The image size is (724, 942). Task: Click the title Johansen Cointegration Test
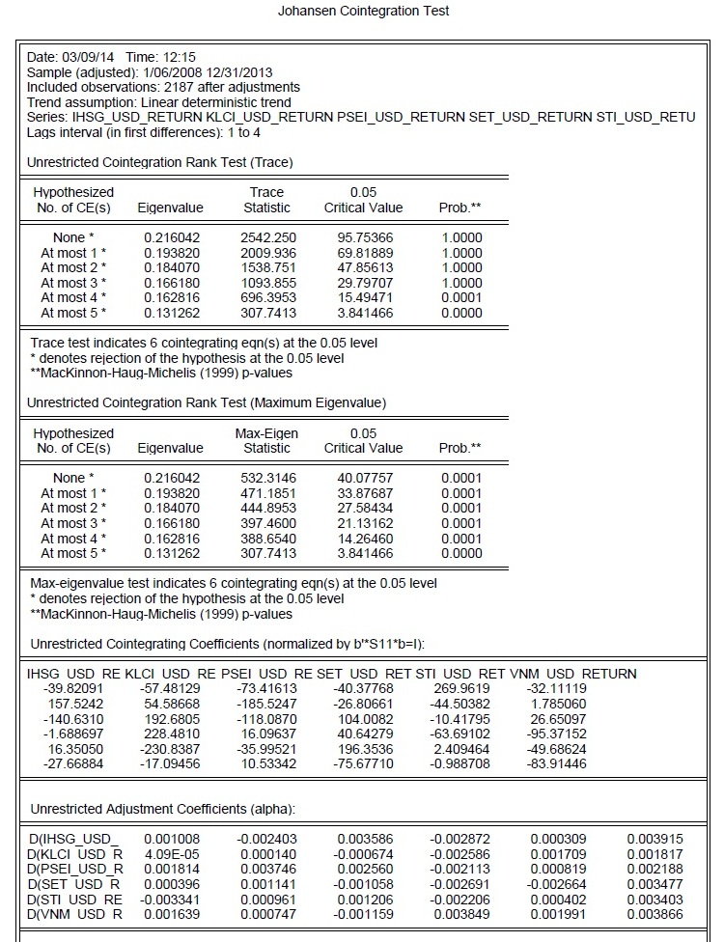(363, 12)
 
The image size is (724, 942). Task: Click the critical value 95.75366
(364, 237)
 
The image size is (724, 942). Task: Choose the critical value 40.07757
(364, 478)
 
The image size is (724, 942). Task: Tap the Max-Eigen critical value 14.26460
(364, 538)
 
